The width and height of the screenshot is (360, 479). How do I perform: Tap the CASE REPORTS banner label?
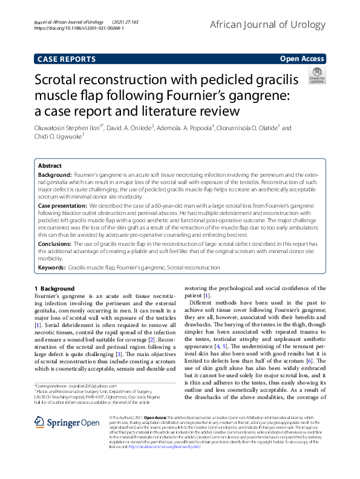[67, 59]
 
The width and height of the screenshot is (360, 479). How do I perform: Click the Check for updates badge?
[316, 76]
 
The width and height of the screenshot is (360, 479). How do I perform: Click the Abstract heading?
[50, 165]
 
